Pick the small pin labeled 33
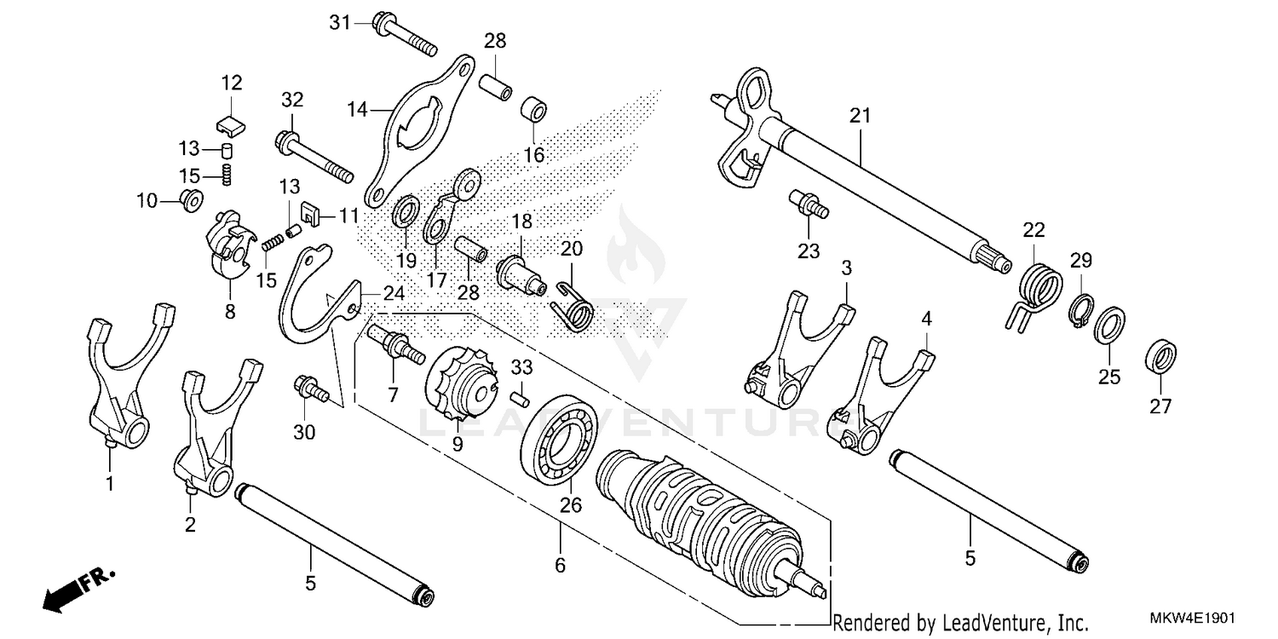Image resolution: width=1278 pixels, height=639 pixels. pos(521,394)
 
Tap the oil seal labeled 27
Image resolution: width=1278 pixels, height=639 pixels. pos(1160,354)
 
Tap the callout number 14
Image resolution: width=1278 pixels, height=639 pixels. pos(357,109)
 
